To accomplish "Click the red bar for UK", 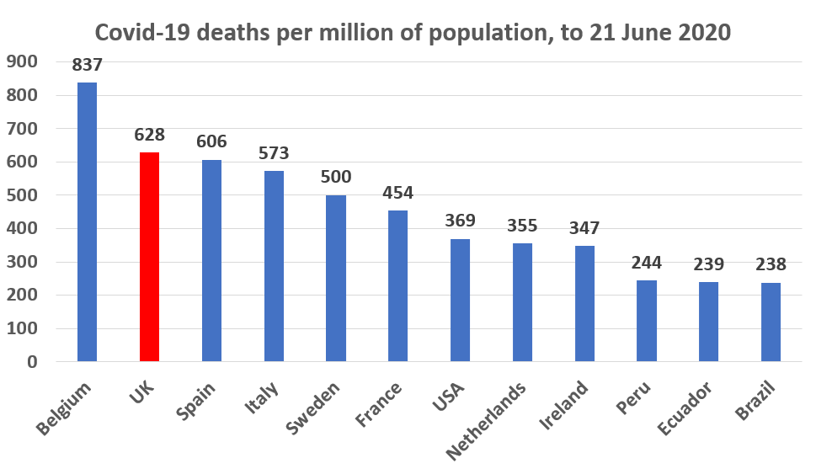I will [x=149, y=257].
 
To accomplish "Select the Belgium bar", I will [x=87, y=222].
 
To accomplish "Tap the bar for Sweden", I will [x=336, y=279].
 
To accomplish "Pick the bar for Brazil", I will [x=771, y=322].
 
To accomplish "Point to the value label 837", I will [x=87, y=66].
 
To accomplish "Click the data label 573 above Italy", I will [x=274, y=153].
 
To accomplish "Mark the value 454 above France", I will [x=397, y=194].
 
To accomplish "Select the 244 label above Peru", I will [x=646, y=263].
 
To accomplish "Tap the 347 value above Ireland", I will [x=584, y=228].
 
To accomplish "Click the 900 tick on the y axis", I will [x=22, y=61].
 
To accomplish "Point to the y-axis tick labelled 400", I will [x=22, y=228].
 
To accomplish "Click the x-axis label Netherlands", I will [x=487, y=420].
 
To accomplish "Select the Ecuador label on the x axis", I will [x=685, y=409].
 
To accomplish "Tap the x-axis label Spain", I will [x=195, y=400].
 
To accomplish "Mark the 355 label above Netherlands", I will [x=522, y=226].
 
